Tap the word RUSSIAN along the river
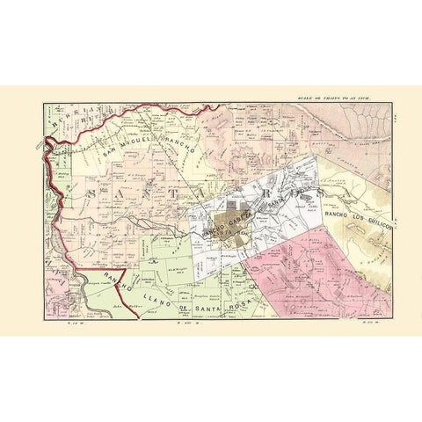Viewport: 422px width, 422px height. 69,123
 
